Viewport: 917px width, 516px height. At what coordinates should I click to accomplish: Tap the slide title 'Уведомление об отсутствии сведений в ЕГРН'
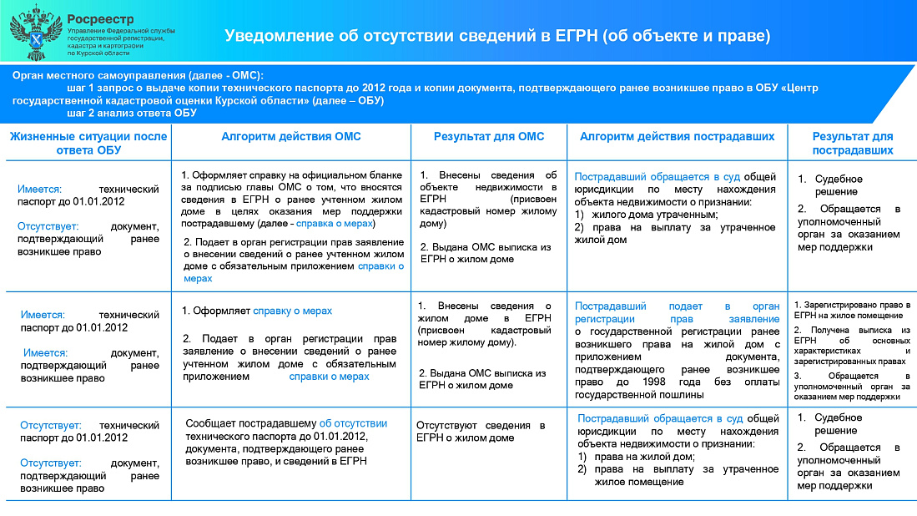pos(496,36)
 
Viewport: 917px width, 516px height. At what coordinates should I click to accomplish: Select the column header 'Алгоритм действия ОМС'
pos(291,136)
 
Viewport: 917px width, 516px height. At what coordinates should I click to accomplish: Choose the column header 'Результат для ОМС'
pos(489,136)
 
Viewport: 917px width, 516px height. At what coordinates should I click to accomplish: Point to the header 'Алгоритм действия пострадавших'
pos(677,136)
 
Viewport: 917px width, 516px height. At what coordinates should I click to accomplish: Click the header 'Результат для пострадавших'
pos(853,143)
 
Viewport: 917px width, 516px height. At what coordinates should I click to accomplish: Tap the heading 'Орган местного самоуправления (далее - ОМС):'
pos(138,74)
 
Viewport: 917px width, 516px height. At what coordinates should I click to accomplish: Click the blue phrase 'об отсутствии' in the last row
pos(353,423)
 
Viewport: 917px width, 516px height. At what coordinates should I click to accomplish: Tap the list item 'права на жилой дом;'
pos(642,456)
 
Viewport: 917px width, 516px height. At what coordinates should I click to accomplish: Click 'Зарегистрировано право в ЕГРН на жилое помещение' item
pos(851,310)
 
